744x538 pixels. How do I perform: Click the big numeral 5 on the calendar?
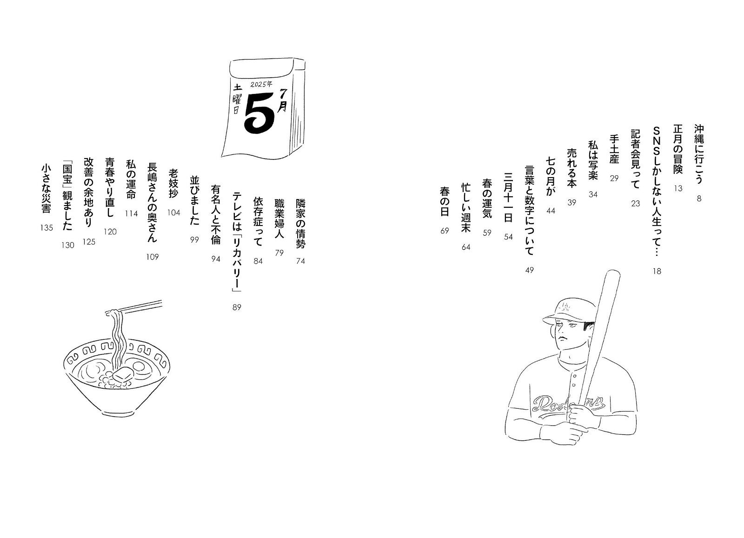click(x=259, y=113)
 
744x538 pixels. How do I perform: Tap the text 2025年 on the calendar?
click(x=261, y=84)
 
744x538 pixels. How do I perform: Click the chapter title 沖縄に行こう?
click(x=699, y=154)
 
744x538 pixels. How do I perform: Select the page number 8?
click(x=699, y=199)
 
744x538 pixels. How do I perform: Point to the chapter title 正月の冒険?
click(x=678, y=149)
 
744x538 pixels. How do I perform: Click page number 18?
click(x=657, y=271)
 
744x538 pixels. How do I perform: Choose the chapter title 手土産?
click(x=614, y=149)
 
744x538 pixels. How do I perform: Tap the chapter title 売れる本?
click(x=571, y=168)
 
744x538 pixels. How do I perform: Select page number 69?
click(x=445, y=231)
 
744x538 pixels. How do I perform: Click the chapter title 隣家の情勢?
click(x=300, y=224)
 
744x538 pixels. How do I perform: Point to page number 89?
click(x=237, y=307)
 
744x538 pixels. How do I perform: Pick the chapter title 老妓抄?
click(x=173, y=183)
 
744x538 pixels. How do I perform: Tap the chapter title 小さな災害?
click(x=46, y=189)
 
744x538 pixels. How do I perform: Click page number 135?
click(x=46, y=228)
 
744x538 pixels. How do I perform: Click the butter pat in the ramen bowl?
click(x=122, y=374)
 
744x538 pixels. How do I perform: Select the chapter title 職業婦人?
click(x=279, y=219)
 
